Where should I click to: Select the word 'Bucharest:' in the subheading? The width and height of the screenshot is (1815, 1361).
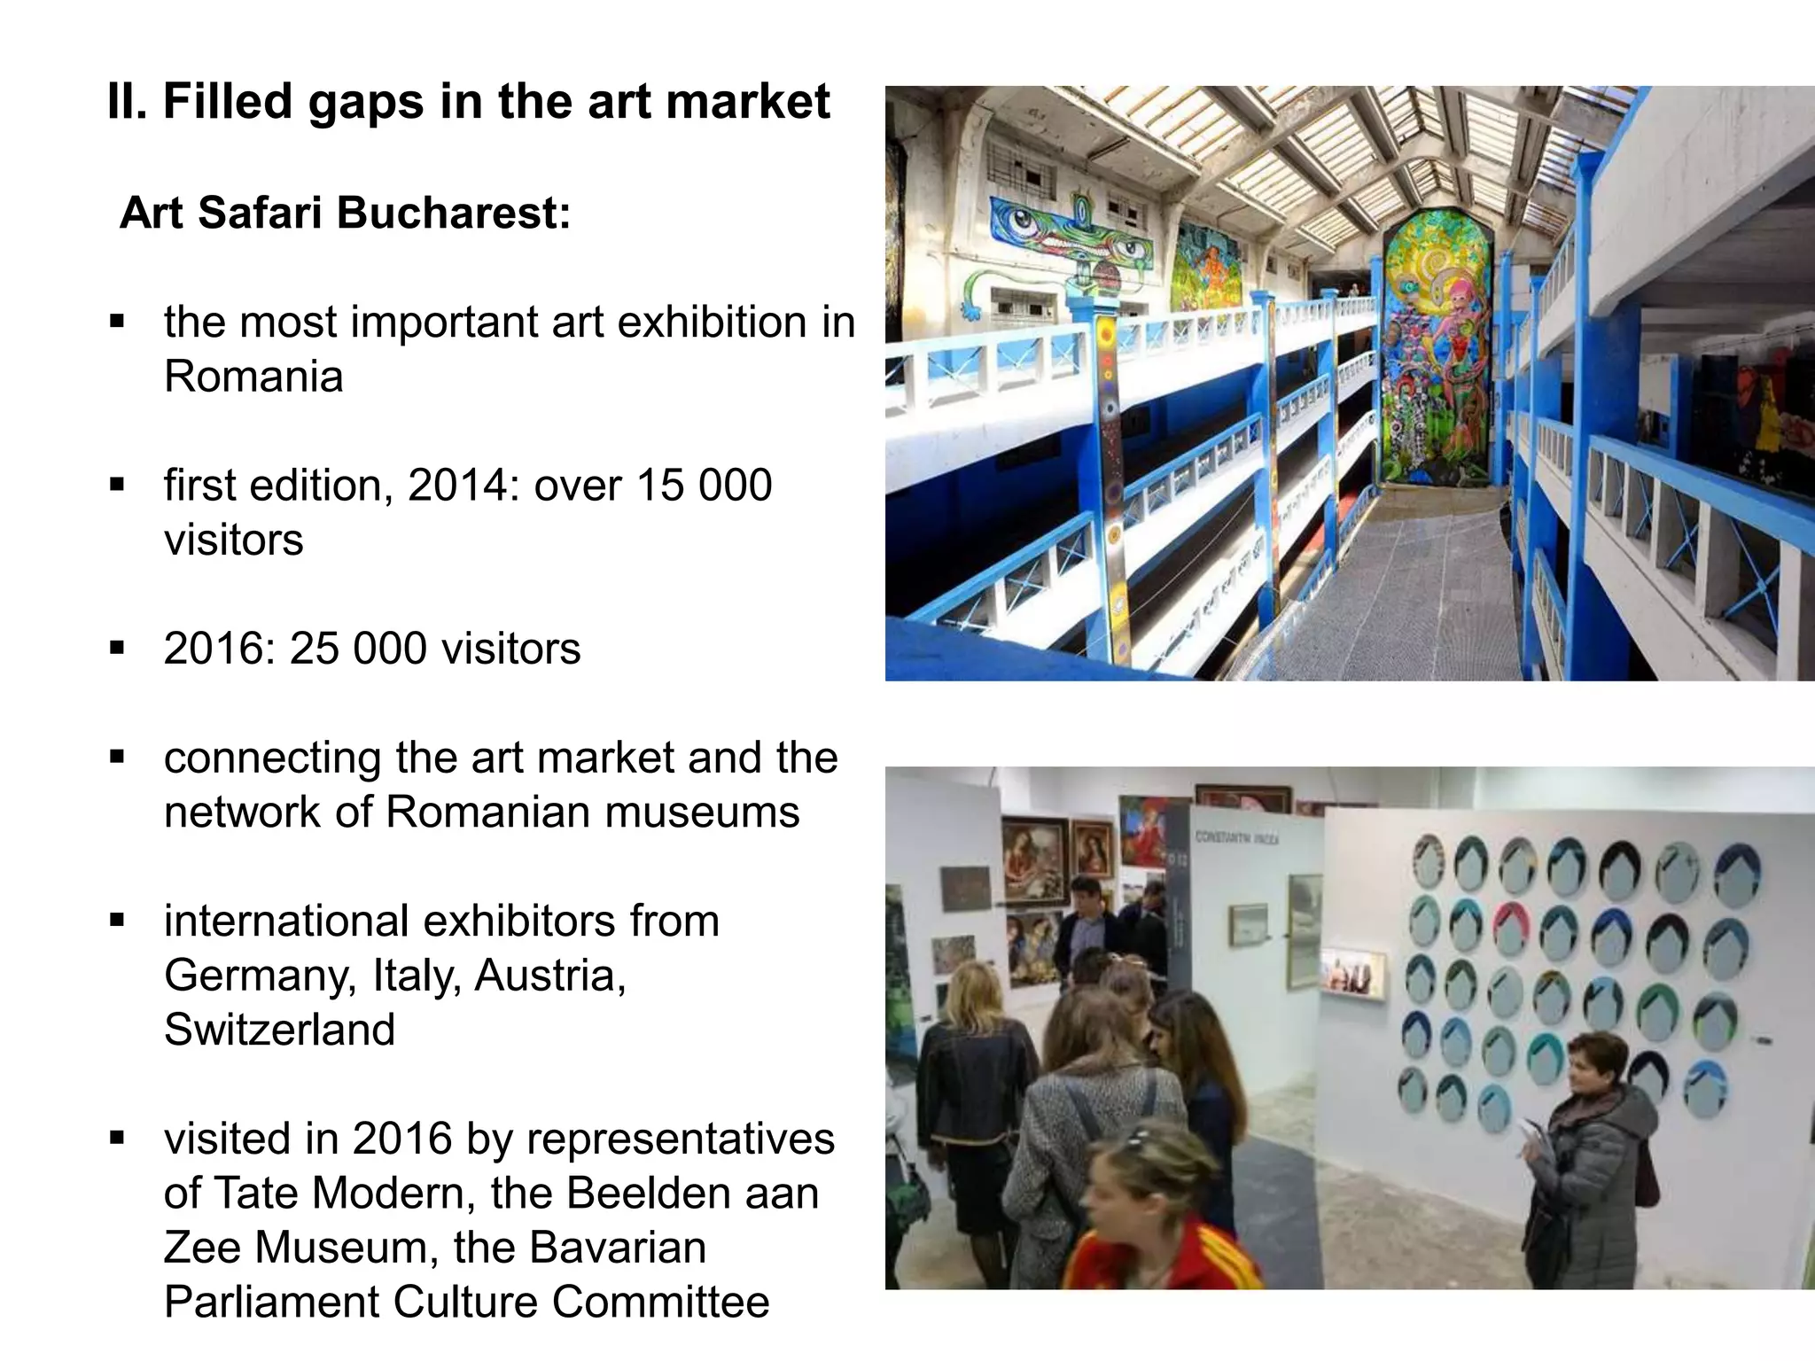pos(453,214)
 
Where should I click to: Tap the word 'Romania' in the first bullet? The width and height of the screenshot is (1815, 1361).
pos(253,376)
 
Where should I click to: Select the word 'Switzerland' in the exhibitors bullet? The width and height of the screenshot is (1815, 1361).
pos(279,1030)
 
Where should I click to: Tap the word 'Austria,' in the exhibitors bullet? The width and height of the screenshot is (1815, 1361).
pos(549,976)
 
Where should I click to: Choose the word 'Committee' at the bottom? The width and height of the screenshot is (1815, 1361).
pos(660,1303)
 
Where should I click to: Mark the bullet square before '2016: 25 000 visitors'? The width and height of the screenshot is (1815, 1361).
pos(117,649)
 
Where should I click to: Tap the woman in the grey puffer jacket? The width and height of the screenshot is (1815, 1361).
pos(1590,1170)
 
